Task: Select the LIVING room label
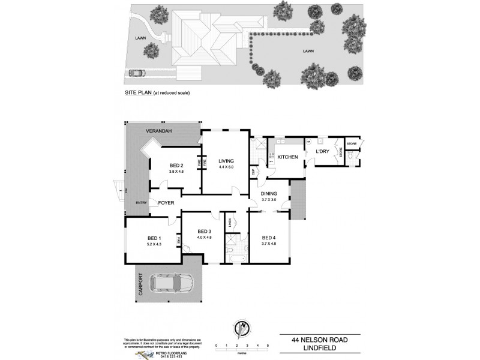pyautogui.click(x=226, y=161)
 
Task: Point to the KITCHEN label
pyautogui.click(x=287, y=157)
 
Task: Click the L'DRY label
pyautogui.click(x=323, y=152)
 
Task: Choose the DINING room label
pyautogui.click(x=268, y=193)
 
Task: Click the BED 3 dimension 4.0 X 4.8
pyautogui.click(x=204, y=238)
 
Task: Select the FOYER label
pyautogui.click(x=166, y=203)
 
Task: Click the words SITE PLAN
pyautogui.click(x=137, y=94)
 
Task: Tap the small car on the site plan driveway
pyautogui.click(x=136, y=73)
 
